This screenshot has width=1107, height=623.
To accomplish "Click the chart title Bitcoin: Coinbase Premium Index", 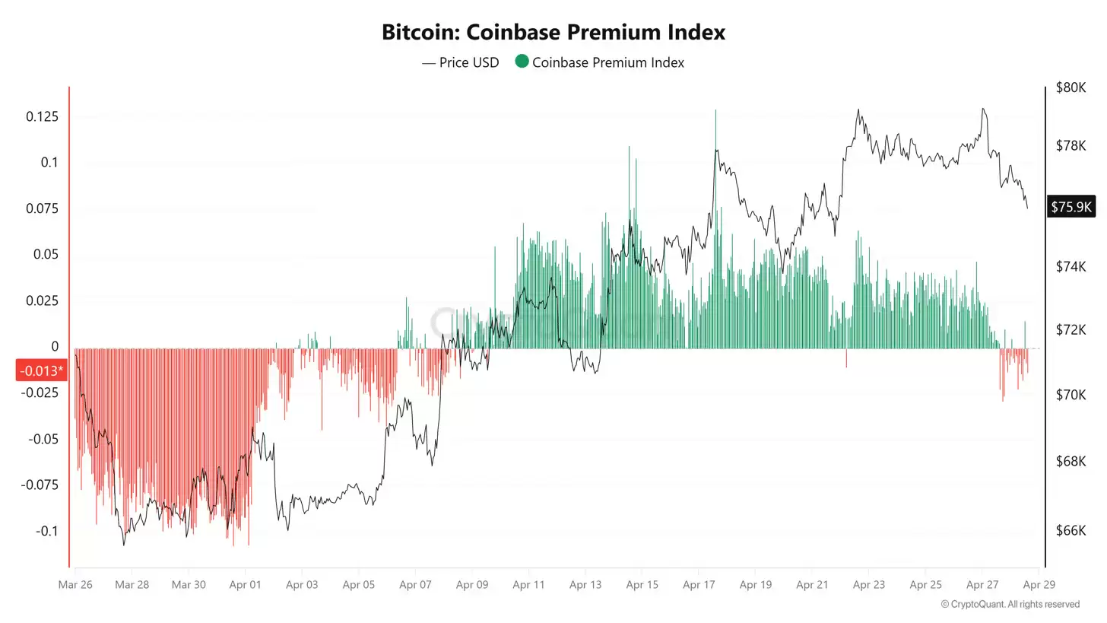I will coord(553,33).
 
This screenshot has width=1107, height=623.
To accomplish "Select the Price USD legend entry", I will coord(461,62).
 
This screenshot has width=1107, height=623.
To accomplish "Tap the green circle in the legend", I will coord(522,62).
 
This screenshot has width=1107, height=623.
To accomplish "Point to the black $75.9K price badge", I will coord(1071,206).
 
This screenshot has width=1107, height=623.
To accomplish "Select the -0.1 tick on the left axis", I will coord(46,531).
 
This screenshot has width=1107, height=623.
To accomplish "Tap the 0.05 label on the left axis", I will coord(46,254).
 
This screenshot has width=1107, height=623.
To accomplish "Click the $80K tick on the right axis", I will coord(1071,87).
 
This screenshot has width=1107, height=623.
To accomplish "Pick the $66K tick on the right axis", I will coord(1071,530).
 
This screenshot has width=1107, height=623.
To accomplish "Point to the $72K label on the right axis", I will coord(1071,330).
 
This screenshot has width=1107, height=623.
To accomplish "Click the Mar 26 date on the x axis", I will coord(75,585).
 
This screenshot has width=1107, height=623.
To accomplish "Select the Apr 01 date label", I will coord(245,585).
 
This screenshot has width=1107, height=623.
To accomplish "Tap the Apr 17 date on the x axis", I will coord(699,585).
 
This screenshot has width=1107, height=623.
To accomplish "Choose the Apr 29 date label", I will coord(1039,585).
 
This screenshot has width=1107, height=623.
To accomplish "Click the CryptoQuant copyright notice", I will coord(1010,604).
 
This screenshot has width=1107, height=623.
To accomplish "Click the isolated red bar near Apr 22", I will coord(846,358).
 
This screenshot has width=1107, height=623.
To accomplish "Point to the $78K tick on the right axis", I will coord(1071,145).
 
